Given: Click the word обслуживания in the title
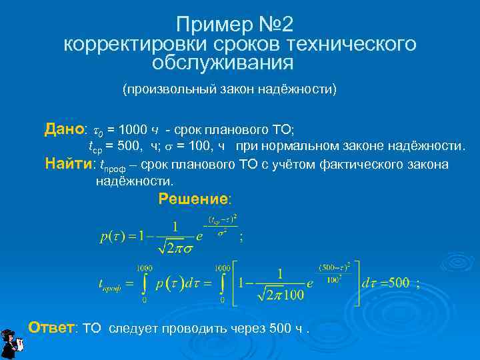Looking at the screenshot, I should pyautogui.click(x=223, y=63).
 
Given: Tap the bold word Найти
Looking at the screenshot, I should pyautogui.click(x=69, y=164).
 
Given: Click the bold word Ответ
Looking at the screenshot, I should pyautogui.click(x=53, y=327).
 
